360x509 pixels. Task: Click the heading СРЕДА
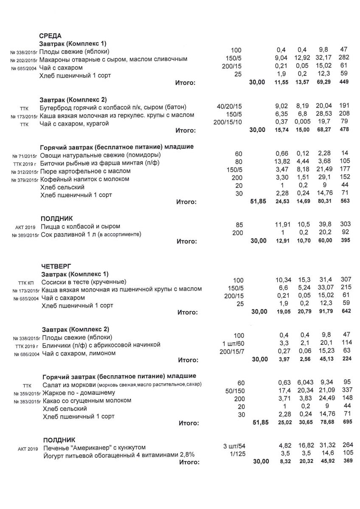[50, 36]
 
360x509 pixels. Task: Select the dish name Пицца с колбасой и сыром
[80, 227]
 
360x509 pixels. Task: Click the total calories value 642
[344, 312]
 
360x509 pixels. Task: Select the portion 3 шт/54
[234, 447]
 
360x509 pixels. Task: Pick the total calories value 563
[344, 201]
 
